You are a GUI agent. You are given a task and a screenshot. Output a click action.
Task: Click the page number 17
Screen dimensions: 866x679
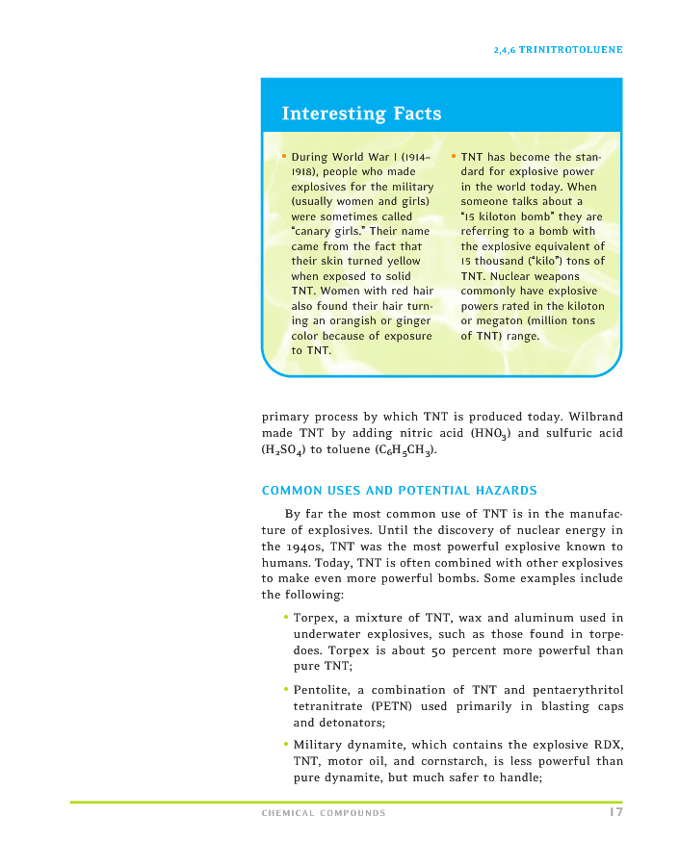[x=614, y=813]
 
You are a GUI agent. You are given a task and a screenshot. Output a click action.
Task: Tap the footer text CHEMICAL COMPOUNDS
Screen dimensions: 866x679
[x=324, y=814]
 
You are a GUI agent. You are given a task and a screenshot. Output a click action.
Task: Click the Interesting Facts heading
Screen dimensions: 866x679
[x=361, y=114]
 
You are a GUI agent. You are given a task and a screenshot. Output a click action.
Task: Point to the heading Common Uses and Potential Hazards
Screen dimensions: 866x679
[x=399, y=491]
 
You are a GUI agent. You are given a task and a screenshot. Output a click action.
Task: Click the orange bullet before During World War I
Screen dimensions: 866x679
[x=284, y=156]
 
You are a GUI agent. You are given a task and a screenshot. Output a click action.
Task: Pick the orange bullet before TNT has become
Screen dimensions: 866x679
[x=454, y=156]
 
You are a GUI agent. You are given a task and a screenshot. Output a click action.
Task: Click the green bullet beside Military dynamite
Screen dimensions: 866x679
[x=286, y=743]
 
